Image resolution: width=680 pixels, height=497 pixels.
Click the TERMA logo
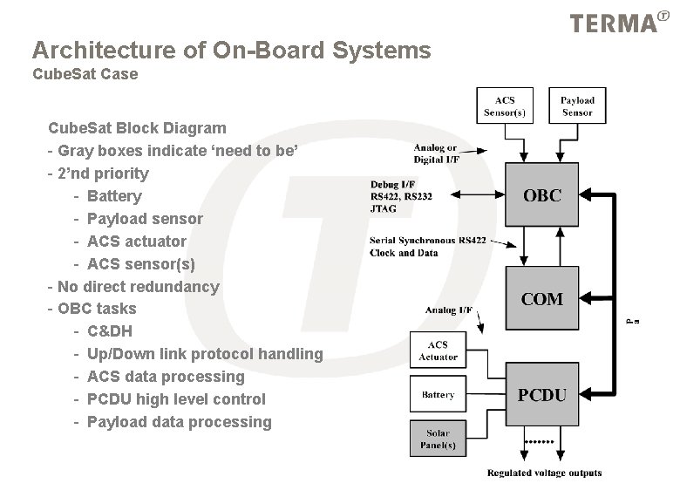click(615, 23)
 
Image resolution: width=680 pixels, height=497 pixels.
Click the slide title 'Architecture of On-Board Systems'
click(231, 51)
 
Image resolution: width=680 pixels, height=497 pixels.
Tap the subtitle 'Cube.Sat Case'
click(85, 74)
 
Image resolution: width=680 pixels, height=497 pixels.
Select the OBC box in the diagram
click(541, 196)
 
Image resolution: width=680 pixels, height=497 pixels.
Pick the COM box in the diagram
click(541, 299)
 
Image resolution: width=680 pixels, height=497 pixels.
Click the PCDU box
click(541, 395)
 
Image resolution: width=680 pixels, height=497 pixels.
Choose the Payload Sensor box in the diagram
click(577, 106)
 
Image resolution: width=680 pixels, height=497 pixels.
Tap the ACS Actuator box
click(438, 351)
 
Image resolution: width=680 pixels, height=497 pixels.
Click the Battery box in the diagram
click(438, 395)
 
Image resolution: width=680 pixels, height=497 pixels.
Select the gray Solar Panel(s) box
click(438, 439)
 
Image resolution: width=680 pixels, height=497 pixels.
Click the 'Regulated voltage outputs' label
click(544, 473)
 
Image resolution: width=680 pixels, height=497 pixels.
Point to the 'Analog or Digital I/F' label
click(435, 154)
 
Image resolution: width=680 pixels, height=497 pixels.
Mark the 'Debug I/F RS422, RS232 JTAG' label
click(401, 196)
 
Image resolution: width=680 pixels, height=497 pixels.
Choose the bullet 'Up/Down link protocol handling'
click(205, 354)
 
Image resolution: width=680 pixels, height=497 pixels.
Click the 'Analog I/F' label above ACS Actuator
click(448, 310)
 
